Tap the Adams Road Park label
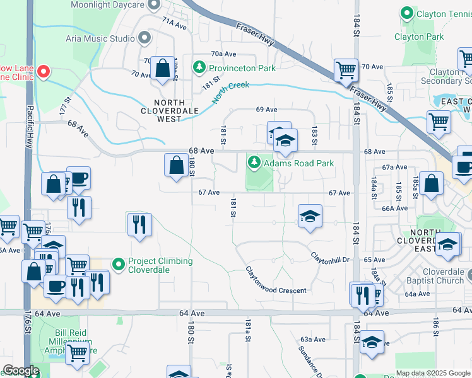[298, 163]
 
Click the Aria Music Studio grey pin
[145, 38]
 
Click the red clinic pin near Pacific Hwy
[44, 72]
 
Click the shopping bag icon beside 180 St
[175, 166]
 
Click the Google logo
[20, 370]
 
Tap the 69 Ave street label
[267, 110]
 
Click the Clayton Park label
[419, 37]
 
